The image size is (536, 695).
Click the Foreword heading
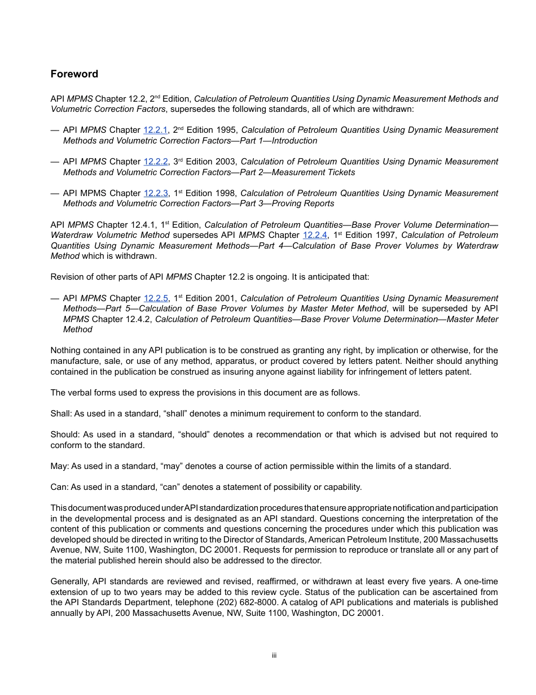(x=74, y=74)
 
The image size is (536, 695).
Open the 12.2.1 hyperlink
(x=156, y=130)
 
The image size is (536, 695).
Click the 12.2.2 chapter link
(x=156, y=162)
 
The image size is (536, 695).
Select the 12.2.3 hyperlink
(x=156, y=193)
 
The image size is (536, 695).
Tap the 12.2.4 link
(x=315, y=235)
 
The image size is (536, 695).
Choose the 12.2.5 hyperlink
(x=156, y=298)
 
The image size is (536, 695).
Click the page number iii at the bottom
(x=274, y=655)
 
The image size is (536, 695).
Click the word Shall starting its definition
(x=60, y=414)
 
